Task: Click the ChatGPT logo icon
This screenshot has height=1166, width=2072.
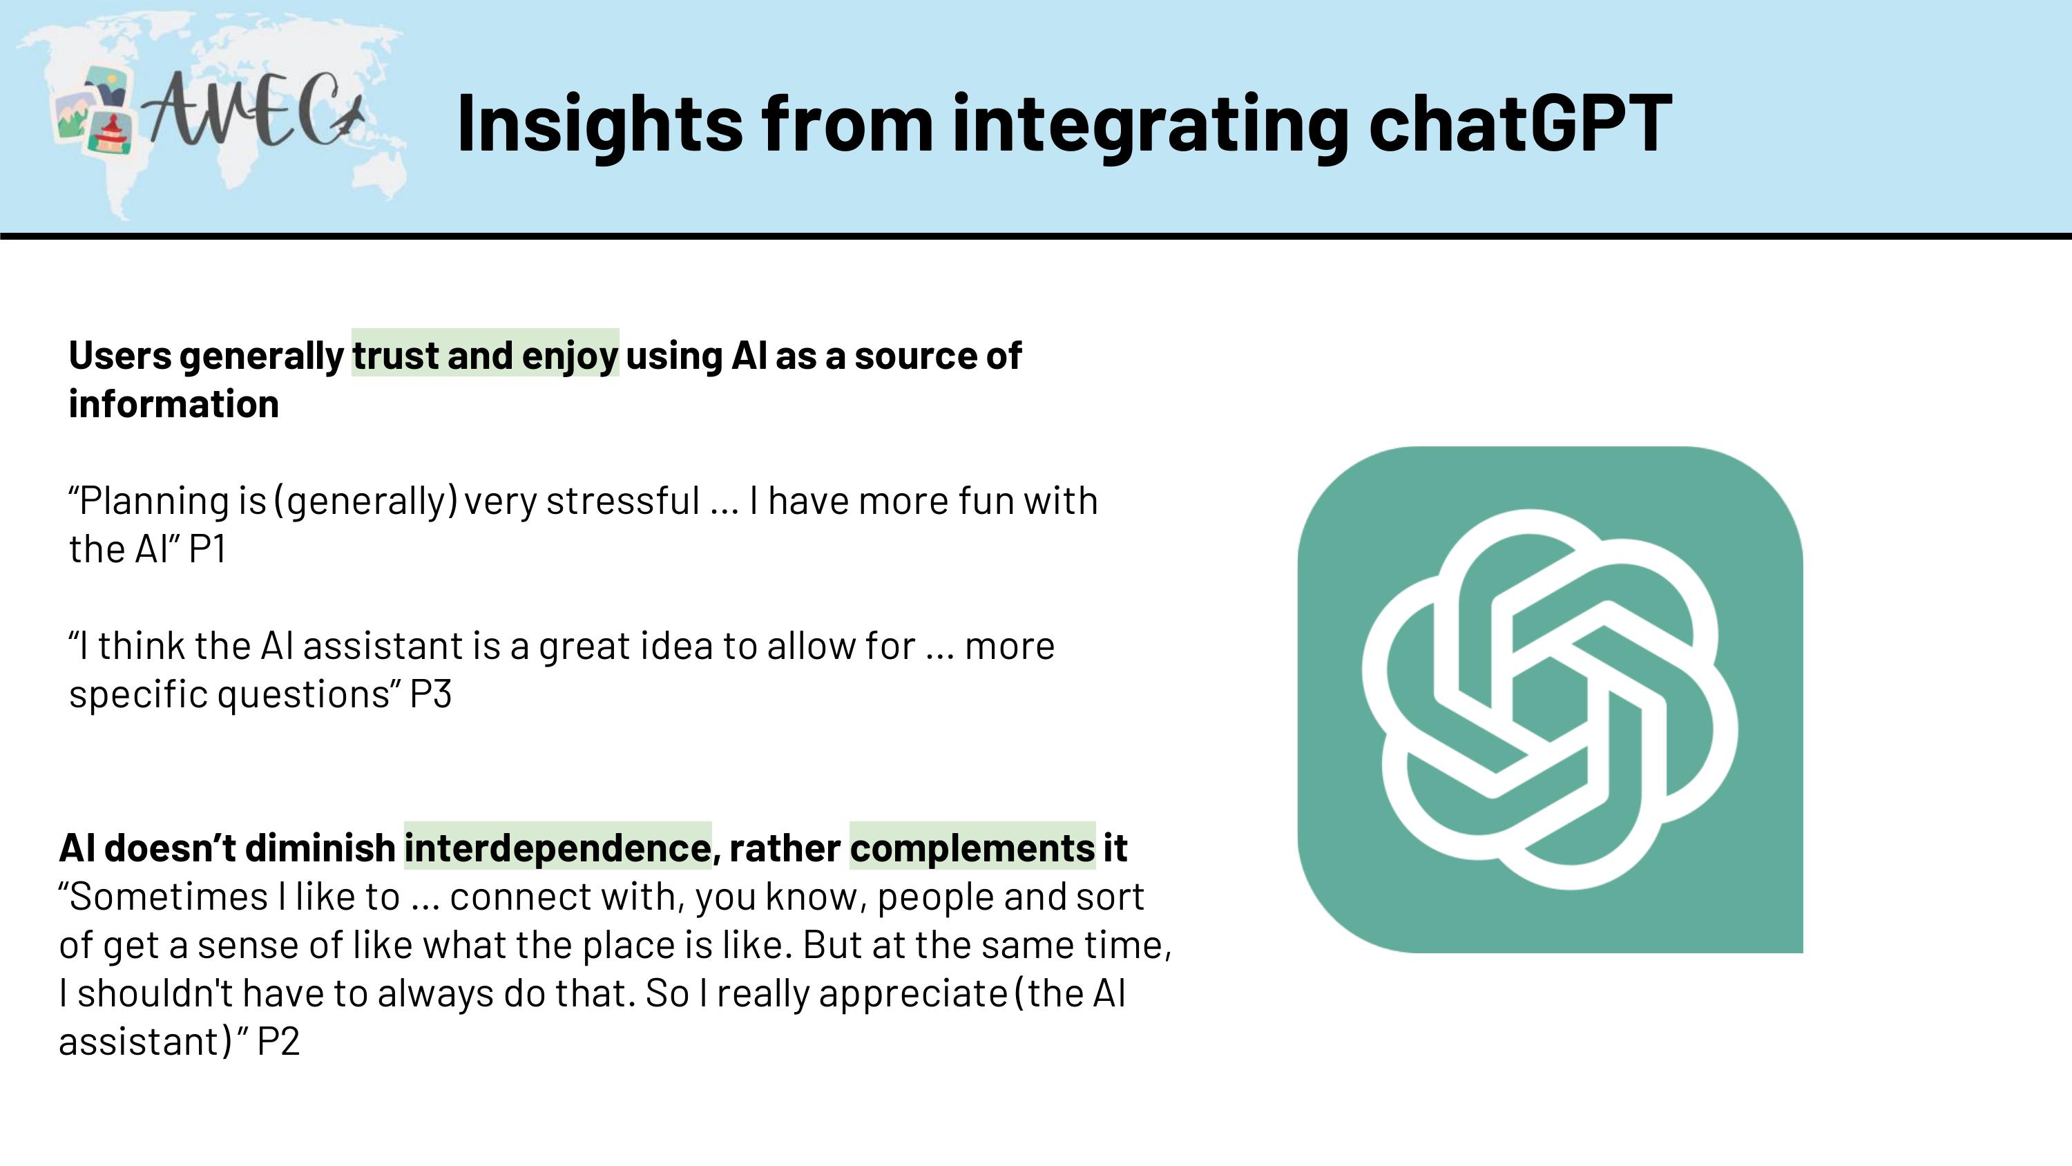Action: [1550, 699]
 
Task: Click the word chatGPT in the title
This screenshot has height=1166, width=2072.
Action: [1520, 122]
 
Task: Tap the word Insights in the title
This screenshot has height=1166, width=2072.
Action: [600, 122]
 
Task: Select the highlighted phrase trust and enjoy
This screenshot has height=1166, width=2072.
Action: [485, 355]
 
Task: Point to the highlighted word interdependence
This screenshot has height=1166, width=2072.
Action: [557, 848]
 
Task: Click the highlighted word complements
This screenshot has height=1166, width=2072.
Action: [972, 848]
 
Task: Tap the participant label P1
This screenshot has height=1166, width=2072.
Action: [207, 548]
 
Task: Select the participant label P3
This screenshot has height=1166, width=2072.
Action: [430, 694]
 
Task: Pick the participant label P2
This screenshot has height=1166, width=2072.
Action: [278, 1041]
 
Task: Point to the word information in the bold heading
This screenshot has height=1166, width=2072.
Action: [174, 404]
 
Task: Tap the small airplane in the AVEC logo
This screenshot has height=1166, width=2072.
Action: [349, 118]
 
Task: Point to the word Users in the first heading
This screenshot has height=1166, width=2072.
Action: [120, 356]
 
